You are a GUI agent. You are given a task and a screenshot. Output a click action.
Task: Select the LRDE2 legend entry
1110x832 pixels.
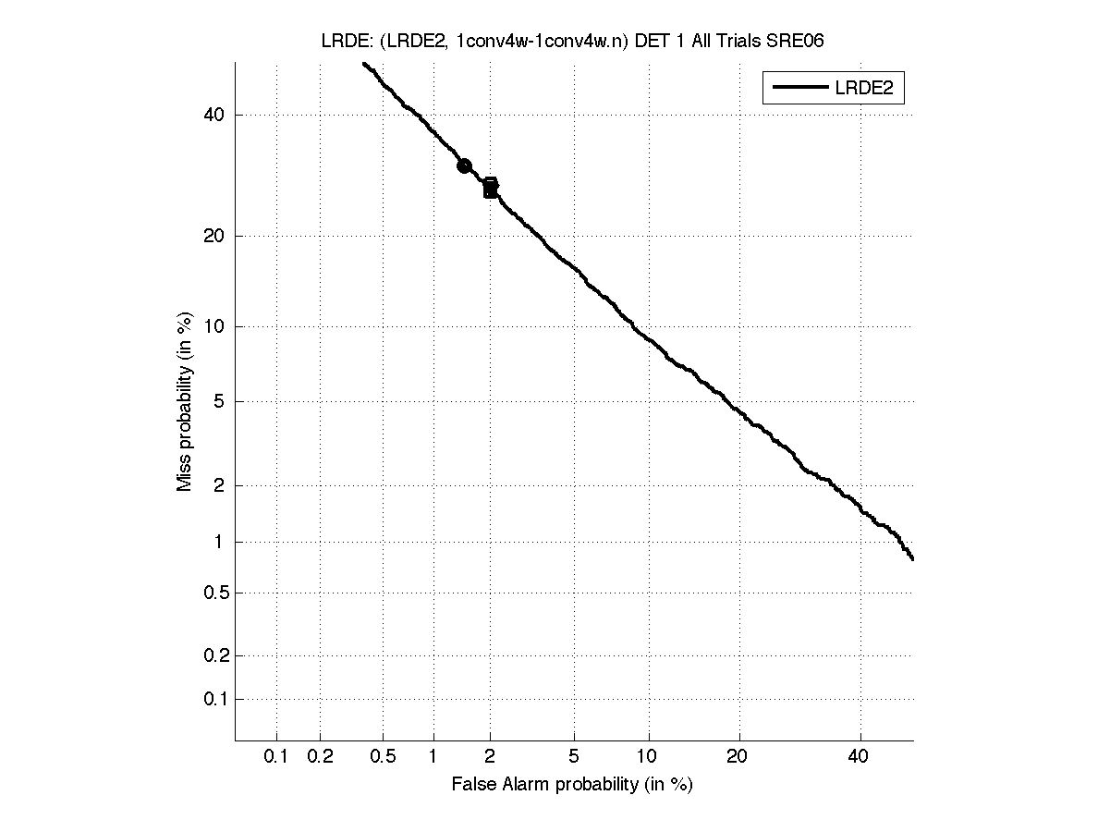tap(833, 88)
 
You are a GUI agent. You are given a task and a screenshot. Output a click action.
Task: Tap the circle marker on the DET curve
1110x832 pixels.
tap(464, 165)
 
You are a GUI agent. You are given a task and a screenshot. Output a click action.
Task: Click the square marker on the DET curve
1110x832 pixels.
tap(491, 188)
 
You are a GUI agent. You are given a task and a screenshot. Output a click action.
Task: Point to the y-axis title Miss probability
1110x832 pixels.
tap(185, 403)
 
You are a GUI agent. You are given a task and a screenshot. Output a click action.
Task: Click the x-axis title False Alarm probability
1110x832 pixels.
tap(572, 785)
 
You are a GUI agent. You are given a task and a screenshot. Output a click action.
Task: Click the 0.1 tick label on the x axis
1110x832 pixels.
tap(276, 757)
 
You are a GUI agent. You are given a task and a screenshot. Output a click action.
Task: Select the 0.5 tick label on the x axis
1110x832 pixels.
tap(383, 757)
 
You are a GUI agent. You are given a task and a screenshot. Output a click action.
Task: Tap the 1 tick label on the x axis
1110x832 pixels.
tap(433, 757)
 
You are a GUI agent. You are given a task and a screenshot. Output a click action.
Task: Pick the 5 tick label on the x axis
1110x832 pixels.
tap(575, 757)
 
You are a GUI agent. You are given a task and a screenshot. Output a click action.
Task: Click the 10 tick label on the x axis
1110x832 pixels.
tap(650, 757)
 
